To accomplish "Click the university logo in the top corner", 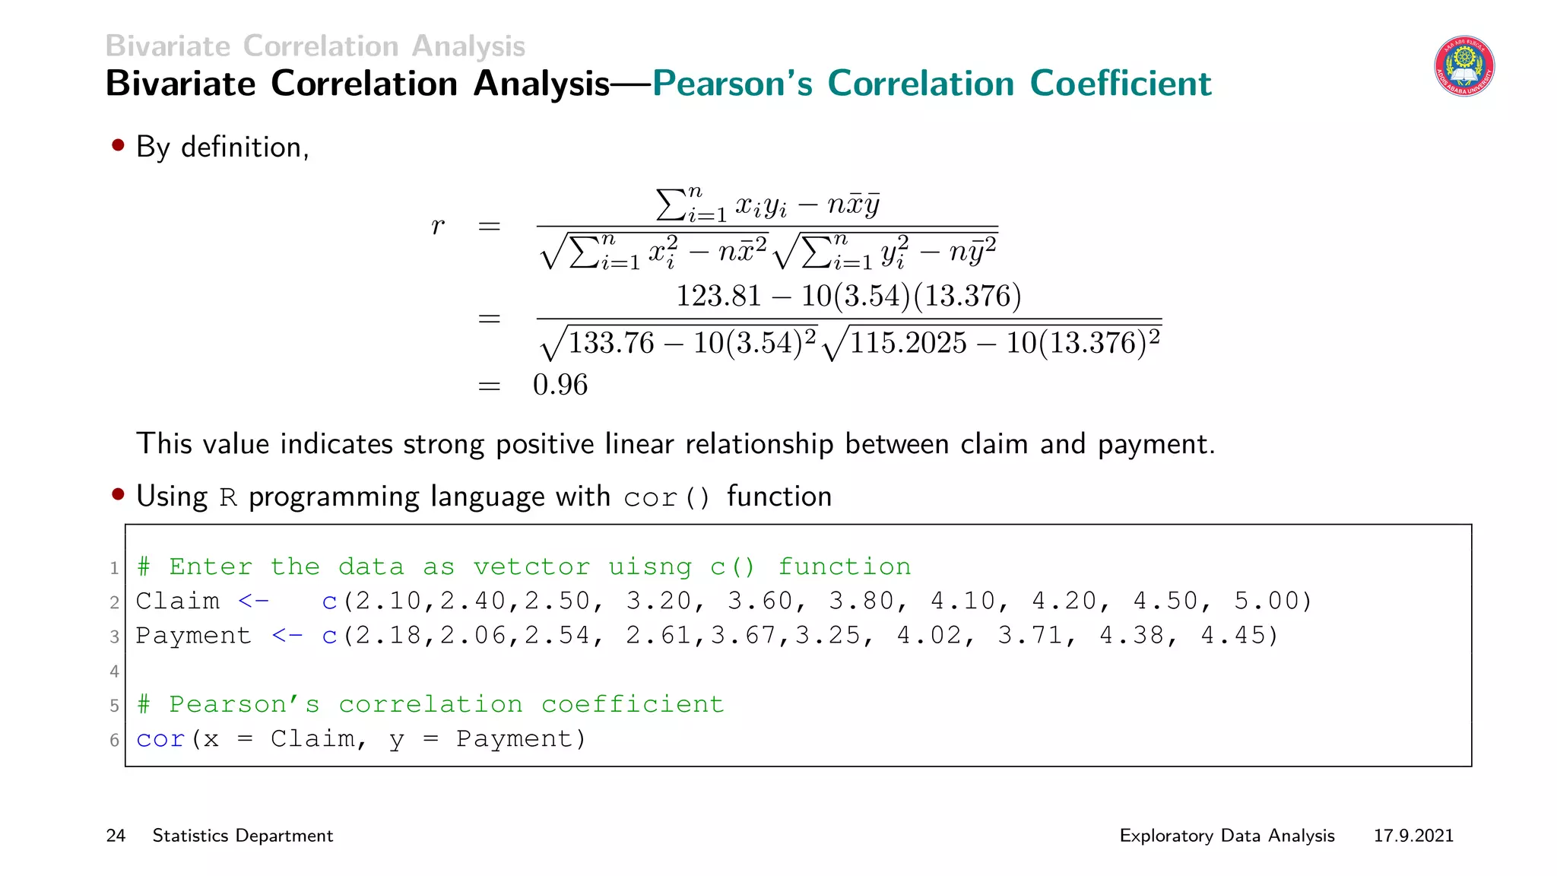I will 1464,66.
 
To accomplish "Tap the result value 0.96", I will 560,385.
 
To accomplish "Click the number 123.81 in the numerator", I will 718,296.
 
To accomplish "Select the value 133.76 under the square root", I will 611,343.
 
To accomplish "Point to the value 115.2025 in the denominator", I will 908,343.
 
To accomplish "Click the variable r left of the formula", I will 437,226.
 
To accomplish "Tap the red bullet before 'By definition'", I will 118,144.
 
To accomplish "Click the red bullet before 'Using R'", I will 118,494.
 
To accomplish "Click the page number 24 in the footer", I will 116,836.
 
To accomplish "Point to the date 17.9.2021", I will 1413,836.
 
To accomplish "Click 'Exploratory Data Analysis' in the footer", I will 1227,836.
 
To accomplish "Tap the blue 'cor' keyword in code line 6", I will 160,739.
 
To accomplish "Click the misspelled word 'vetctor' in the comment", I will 531,567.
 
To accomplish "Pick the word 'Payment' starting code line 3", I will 193,636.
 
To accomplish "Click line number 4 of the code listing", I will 114,671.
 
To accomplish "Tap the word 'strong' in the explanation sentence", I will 444,444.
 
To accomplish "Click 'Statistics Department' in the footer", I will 243,836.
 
